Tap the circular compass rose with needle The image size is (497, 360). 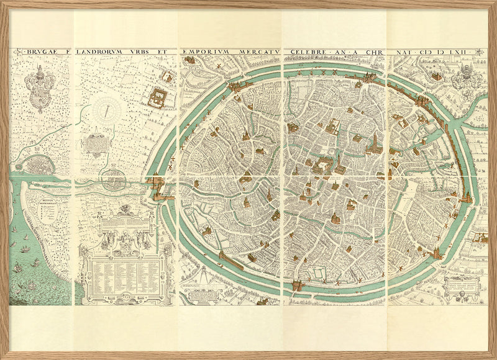(107, 112)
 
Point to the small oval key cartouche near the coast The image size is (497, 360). (47, 214)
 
